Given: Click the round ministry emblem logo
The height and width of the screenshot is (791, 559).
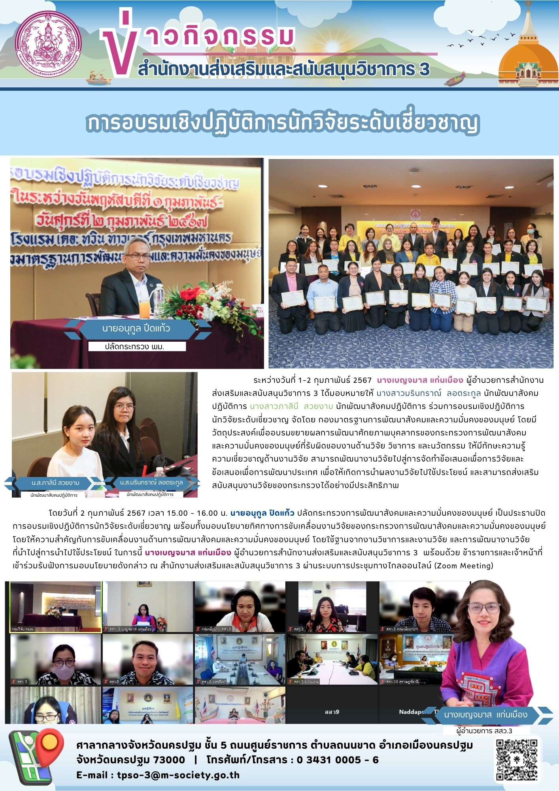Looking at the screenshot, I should pyautogui.click(x=50, y=44).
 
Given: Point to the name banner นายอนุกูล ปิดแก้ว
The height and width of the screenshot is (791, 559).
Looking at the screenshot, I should pyautogui.click(x=136, y=328).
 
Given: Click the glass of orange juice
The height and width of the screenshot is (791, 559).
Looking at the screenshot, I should pyautogui.click(x=144, y=308).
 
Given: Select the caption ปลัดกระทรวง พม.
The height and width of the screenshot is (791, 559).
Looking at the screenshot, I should pyautogui.click(x=135, y=347).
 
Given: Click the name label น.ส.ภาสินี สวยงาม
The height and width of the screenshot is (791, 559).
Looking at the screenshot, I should pyautogui.click(x=55, y=483).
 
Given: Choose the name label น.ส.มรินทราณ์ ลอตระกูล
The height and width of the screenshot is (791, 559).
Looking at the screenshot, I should pyautogui.click(x=151, y=483).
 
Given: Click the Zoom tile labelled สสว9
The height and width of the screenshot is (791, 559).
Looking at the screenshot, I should pyautogui.click(x=332, y=712).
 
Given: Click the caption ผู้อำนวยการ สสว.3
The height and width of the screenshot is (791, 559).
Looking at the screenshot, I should pyautogui.click(x=484, y=731).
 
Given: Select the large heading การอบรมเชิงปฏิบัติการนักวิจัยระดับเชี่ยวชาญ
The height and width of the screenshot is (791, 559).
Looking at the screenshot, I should pyautogui.click(x=282, y=123).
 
